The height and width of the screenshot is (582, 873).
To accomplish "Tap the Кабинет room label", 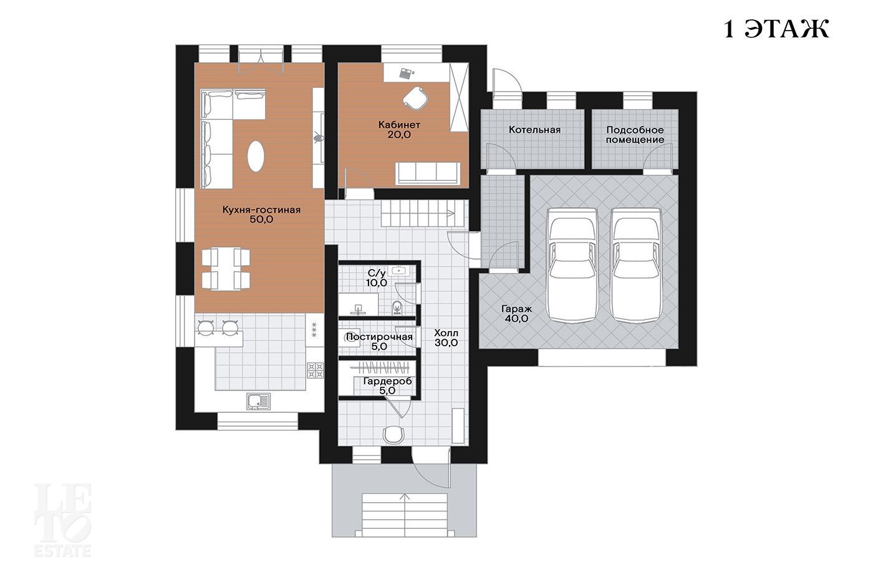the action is (399, 130).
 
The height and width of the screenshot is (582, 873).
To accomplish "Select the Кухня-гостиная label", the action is (261, 215).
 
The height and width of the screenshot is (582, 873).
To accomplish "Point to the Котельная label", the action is (534, 130).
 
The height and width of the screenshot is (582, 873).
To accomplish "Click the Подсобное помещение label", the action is (635, 135).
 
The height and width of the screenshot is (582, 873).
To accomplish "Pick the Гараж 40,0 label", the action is (516, 313).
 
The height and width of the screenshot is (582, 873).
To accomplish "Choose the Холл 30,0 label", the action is (446, 338).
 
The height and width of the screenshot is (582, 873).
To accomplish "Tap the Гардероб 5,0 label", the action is (387, 386).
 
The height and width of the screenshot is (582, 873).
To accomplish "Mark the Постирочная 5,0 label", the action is (379, 341).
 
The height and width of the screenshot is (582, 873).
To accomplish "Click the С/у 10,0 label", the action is (377, 278).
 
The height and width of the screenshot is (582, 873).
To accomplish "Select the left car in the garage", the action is (572, 266).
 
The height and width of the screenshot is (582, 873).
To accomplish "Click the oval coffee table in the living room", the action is (256, 156).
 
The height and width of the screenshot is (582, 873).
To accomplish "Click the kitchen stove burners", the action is (316, 371).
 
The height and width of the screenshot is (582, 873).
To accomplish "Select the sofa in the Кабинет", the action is (428, 173).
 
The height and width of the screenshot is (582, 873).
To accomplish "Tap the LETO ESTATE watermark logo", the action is (62, 520).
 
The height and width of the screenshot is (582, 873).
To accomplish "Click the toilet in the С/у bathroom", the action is (397, 308).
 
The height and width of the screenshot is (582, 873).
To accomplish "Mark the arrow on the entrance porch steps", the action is (405, 514).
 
